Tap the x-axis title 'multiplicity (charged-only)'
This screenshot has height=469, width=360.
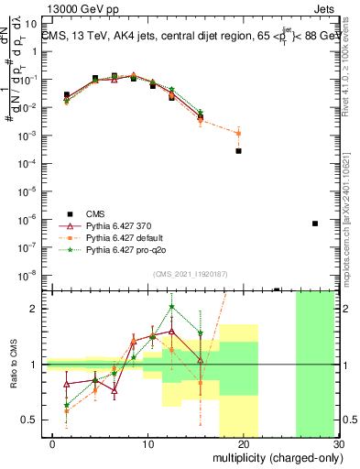(272, 456)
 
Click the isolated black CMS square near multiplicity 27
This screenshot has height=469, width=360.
(314, 224)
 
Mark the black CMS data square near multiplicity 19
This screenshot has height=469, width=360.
(238, 150)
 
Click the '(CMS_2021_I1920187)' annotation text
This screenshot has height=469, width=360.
(189, 273)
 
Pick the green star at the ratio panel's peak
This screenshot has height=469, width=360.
(171, 307)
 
